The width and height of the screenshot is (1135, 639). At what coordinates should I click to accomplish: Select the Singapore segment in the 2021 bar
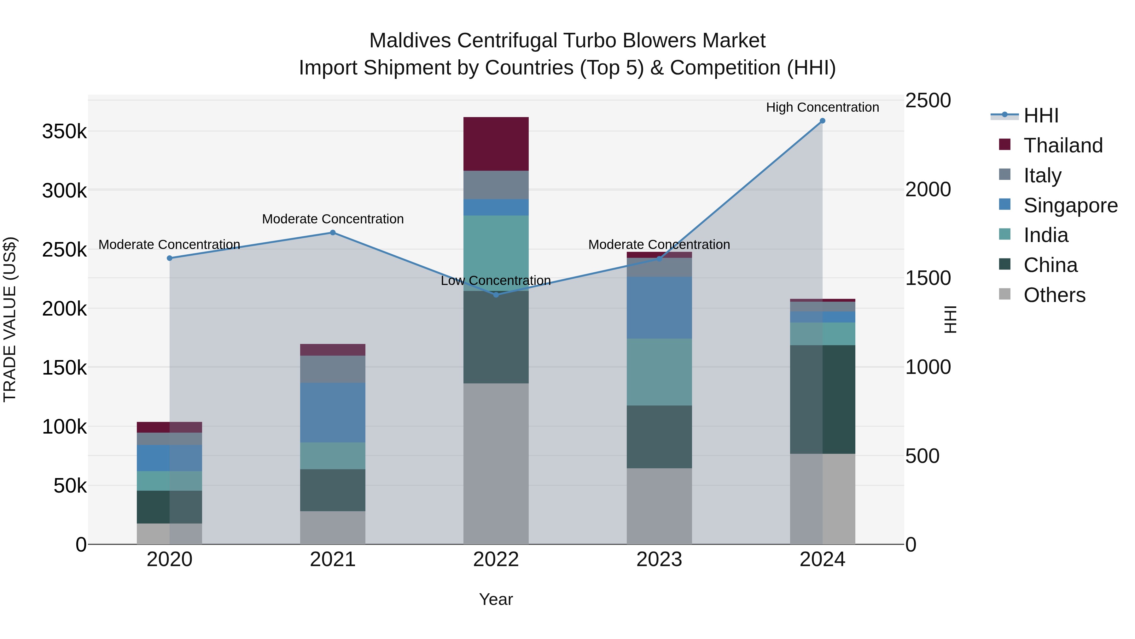[x=333, y=412]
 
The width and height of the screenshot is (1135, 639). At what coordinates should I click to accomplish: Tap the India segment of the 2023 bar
[x=659, y=372]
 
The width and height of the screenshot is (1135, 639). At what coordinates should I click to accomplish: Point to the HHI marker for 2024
[x=822, y=121]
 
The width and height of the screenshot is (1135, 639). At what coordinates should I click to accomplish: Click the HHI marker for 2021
[x=333, y=232]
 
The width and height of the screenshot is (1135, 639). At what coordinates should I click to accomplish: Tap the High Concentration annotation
[x=822, y=107]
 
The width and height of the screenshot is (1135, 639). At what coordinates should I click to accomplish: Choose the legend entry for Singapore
[x=1070, y=205]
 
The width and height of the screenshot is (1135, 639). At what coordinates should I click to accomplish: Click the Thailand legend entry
[x=1063, y=145]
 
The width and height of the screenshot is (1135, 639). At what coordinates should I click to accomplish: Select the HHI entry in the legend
[x=1041, y=115]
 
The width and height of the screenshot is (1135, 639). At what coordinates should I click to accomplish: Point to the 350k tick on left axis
[x=64, y=131]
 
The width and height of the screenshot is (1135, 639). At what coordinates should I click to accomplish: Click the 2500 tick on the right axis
[x=928, y=101]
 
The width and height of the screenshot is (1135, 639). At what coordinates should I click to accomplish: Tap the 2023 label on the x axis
[x=659, y=559]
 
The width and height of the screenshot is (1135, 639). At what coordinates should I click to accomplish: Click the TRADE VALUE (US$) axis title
[x=10, y=319]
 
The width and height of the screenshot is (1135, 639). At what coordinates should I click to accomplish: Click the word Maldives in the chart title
[x=410, y=41]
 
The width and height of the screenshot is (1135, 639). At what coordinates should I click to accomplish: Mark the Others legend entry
[x=1054, y=295]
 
